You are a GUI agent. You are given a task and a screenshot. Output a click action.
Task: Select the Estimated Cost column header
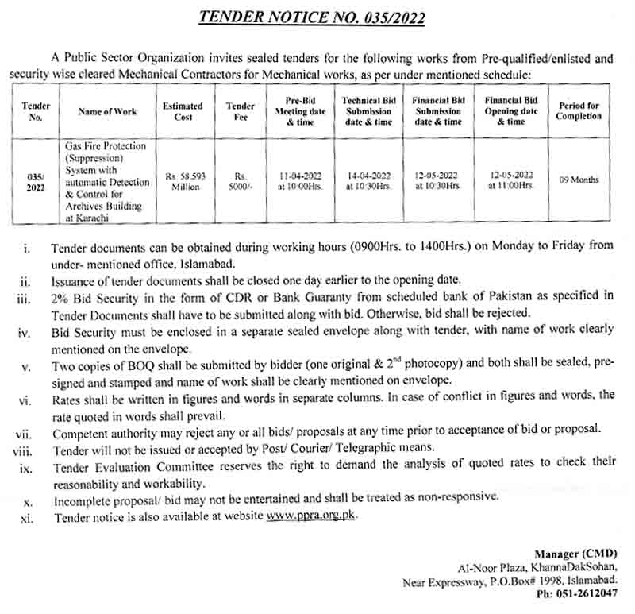pyautogui.click(x=183, y=111)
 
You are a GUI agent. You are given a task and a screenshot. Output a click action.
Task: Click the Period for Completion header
pyautogui.click(x=579, y=111)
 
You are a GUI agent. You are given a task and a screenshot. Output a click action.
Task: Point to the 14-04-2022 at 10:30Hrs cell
pyautogui.click(x=368, y=180)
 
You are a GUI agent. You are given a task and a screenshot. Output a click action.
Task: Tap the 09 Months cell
pyautogui.click(x=579, y=180)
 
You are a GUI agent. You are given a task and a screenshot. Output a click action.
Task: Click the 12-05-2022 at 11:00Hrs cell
pyautogui.click(x=511, y=180)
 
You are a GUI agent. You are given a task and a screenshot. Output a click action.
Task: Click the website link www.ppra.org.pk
pyautogui.click(x=312, y=516)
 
